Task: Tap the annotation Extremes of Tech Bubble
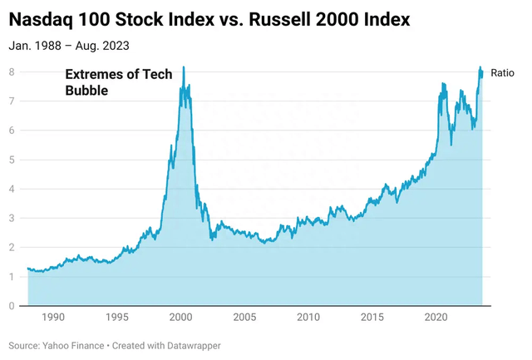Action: pyautogui.click(x=119, y=82)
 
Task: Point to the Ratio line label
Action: pyautogui.click(x=502, y=73)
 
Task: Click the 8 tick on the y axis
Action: pyautogui.click(x=12, y=72)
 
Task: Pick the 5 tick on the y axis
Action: pyautogui.click(x=12, y=160)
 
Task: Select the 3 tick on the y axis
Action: pyautogui.click(x=12, y=219)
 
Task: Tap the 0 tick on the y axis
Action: pyautogui.click(x=12, y=306)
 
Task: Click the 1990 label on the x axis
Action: pyautogui.click(x=53, y=318)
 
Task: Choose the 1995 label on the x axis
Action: pyautogui.click(x=117, y=318)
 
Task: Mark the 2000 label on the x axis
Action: pyautogui.click(x=181, y=318)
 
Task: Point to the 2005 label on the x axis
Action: pyautogui.click(x=244, y=318)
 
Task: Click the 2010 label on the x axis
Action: pyautogui.click(x=308, y=318)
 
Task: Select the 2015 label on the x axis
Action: pyautogui.click(x=372, y=318)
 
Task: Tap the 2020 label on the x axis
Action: pyautogui.click(x=436, y=318)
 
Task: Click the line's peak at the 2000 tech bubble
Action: pyautogui.click(x=184, y=67)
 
